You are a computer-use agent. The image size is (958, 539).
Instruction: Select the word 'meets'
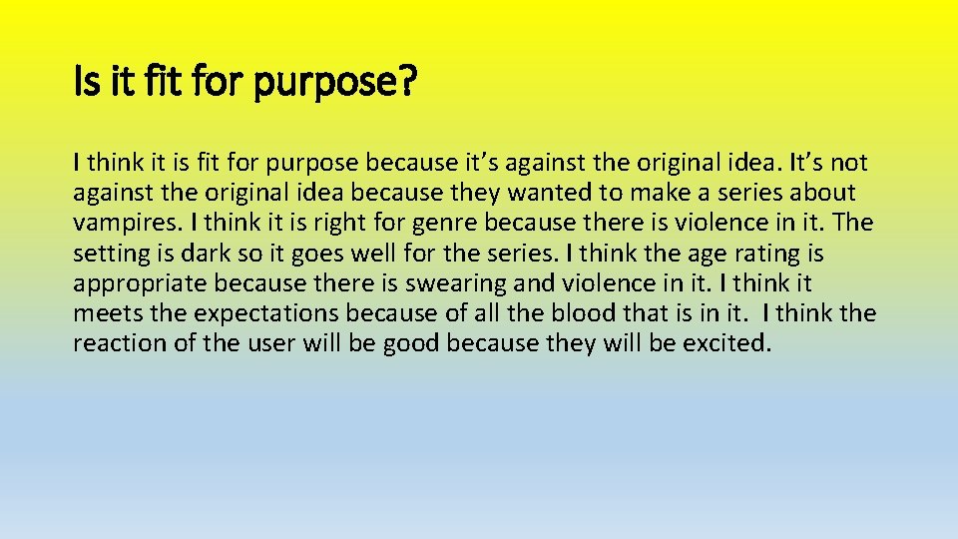[x=104, y=313]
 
